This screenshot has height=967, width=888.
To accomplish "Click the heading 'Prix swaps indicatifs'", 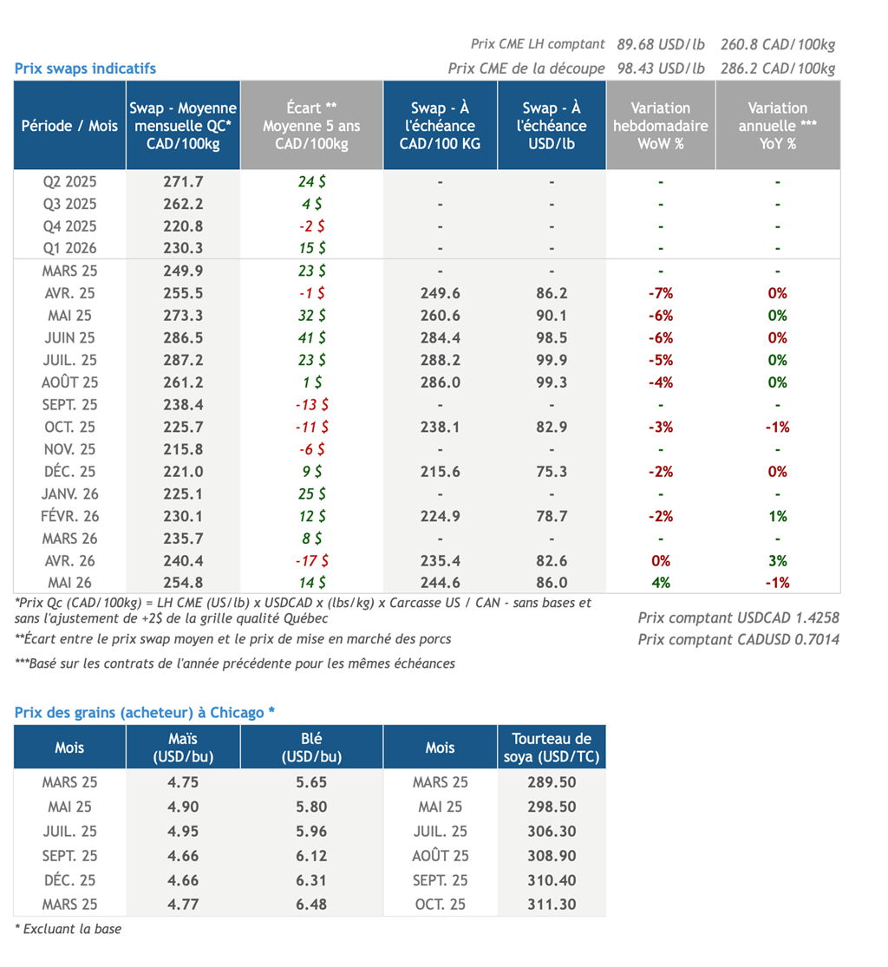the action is (85, 69).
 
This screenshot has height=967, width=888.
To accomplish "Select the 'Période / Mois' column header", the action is (69, 126).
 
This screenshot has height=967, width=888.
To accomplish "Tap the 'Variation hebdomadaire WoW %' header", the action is (661, 126).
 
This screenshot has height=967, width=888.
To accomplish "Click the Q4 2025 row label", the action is (69, 226).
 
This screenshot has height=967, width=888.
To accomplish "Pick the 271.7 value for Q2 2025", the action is (183, 182).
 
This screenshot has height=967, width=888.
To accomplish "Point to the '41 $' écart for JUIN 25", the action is (312, 338).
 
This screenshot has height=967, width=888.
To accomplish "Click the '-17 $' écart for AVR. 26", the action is (312, 560).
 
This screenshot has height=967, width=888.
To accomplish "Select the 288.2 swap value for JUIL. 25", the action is (441, 360).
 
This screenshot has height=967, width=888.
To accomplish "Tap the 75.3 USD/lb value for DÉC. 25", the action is (552, 472).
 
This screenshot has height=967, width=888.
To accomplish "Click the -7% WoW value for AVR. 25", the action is (661, 293).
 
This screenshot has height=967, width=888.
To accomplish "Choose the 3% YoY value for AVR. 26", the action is (778, 560).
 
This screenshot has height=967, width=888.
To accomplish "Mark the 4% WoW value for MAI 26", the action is (661, 583).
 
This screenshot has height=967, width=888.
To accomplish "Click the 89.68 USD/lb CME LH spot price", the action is (661, 44).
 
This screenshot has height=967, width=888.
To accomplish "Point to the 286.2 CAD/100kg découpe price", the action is (778, 69).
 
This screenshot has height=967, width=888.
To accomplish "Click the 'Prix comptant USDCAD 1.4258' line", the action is (738, 618).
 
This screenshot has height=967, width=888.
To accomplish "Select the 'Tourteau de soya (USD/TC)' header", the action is (552, 748).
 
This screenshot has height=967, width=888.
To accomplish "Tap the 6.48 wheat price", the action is (311, 905).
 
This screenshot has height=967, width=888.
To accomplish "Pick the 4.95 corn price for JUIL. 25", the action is (183, 832).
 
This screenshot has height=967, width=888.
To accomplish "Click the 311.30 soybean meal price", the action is (552, 905).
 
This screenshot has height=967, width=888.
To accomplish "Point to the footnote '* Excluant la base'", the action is (68, 930).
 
